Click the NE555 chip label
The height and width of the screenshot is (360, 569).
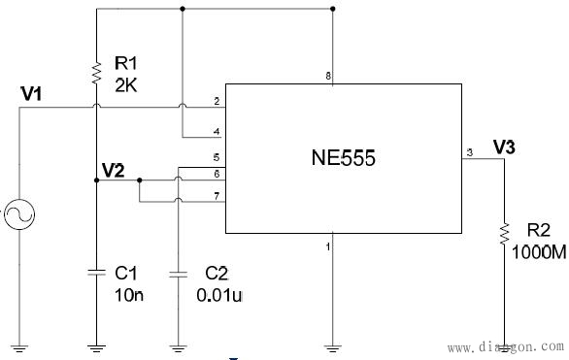(x=345, y=158)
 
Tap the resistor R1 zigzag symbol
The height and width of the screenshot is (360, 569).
(x=96, y=72)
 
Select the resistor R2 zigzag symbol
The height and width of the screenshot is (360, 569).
(x=504, y=233)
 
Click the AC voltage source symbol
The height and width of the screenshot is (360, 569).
(x=18, y=214)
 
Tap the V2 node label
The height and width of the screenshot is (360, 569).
(x=113, y=171)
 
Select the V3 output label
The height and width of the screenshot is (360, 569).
(x=504, y=147)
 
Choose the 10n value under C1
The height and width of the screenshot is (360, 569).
(x=129, y=294)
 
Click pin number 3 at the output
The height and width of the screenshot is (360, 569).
(x=469, y=152)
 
